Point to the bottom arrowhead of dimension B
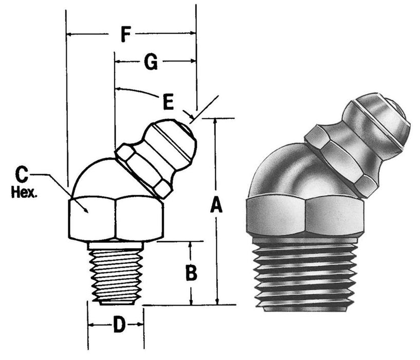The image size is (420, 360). pyautogui.click(x=191, y=302)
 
